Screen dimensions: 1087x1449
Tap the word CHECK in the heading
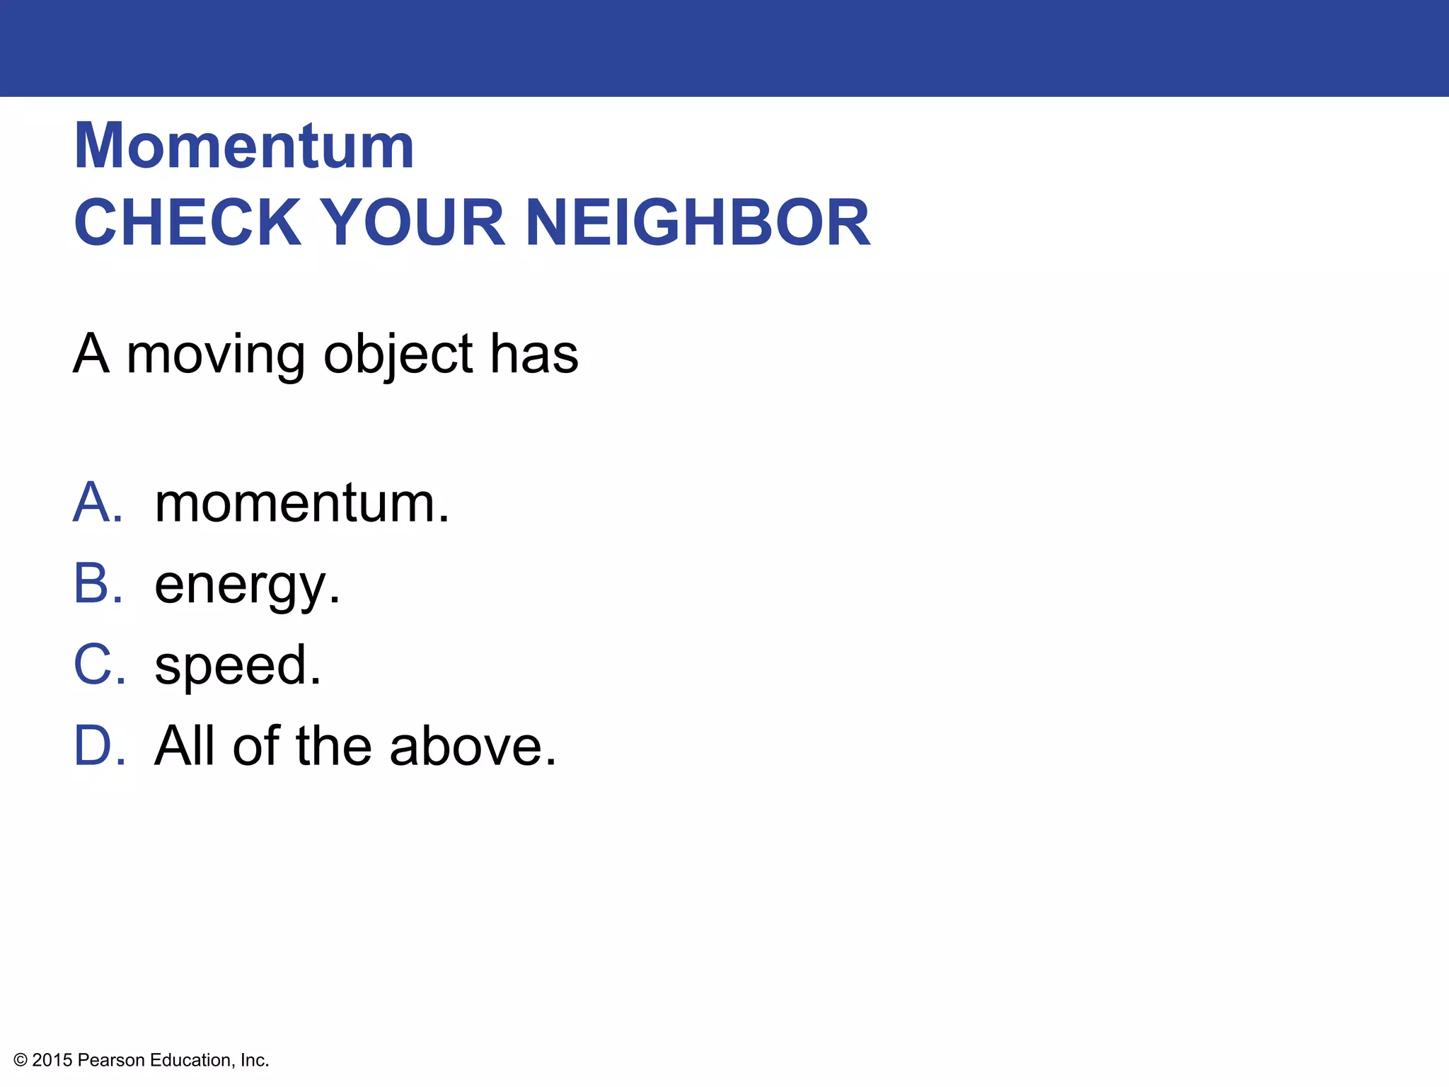[x=188, y=223]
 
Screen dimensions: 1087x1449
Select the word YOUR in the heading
[x=412, y=223]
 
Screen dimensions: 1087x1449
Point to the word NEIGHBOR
[x=698, y=223]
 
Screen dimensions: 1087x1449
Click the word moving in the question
[x=216, y=355]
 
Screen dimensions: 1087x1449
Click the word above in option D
[x=473, y=746]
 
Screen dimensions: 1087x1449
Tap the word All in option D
[x=184, y=746]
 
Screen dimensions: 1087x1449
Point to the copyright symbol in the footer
[x=21, y=1060]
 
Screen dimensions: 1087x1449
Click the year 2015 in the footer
[x=52, y=1060]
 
